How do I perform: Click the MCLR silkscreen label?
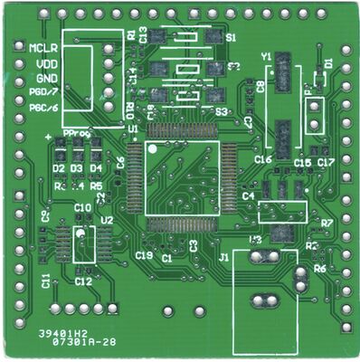[x=43, y=47]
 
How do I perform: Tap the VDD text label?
[x=46, y=64]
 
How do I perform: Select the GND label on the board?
[x=46, y=79]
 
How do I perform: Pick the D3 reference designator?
[x=76, y=169]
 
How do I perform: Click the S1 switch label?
[x=231, y=38]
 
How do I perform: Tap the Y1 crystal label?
[x=266, y=57]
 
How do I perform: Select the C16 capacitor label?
[x=263, y=159]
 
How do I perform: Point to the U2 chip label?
[x=107, y=220]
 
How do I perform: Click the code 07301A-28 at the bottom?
[x=83, y=344]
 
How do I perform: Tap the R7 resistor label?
[x=327, y=223]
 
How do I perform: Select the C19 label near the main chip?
[x=143, y=256]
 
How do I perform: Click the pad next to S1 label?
[x=213, y=37]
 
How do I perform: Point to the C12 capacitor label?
[x=83, y=281]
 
